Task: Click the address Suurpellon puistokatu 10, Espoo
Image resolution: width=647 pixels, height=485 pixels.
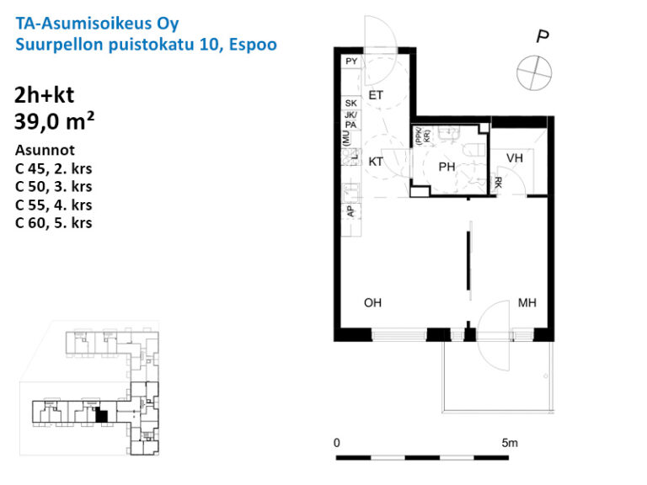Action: tap(146, 44)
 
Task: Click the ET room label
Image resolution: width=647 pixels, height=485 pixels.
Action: tap(376, 96)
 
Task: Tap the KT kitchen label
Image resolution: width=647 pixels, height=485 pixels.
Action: tap(376, 162)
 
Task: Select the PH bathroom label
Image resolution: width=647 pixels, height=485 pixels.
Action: tap(446, 168)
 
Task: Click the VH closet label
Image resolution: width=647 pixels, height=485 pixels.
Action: tap(515, 158)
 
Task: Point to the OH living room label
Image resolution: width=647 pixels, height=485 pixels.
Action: tap(373, 302)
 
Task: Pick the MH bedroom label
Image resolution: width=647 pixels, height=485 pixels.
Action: tap(528, 302)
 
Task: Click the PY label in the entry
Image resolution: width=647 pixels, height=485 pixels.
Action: tap(351, 62)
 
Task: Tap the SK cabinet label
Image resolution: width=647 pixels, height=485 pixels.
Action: tap(351, 104)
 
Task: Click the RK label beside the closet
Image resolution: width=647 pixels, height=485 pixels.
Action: tap(500, 182)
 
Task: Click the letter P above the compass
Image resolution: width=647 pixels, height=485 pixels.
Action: tap(543, 36)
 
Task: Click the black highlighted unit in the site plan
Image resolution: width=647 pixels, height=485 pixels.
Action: tap(101, 414)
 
